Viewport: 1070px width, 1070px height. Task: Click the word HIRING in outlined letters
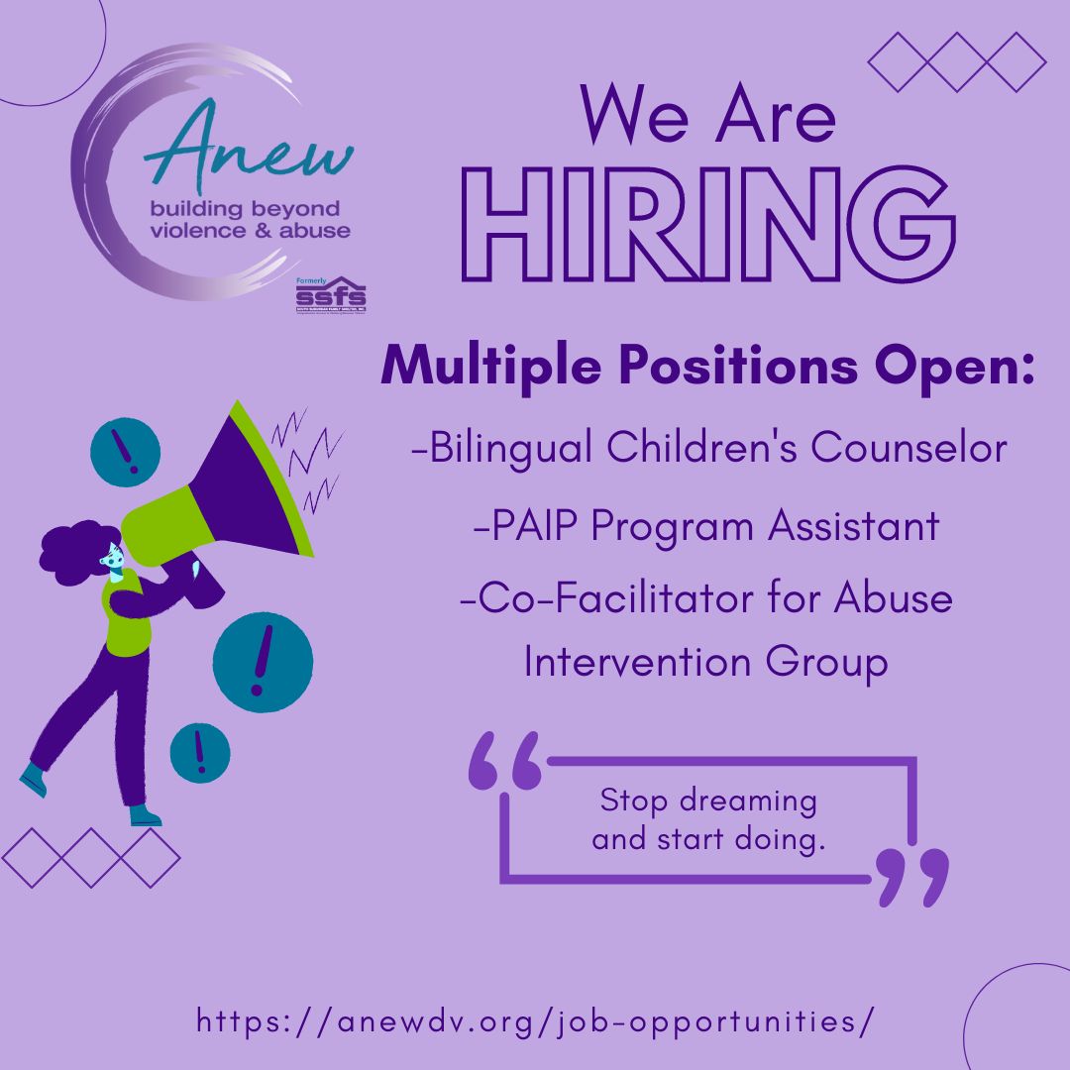point(706,227)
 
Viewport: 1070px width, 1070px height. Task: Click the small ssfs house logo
point(331,294)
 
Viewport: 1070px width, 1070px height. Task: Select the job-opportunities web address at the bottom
point(535,1021)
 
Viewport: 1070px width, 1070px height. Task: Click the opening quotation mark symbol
point(505,761)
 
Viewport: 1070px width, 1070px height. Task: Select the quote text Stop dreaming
point(708,801)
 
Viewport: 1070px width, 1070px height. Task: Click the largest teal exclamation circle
point(263,662)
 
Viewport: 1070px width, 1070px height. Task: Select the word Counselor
point(909,449)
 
